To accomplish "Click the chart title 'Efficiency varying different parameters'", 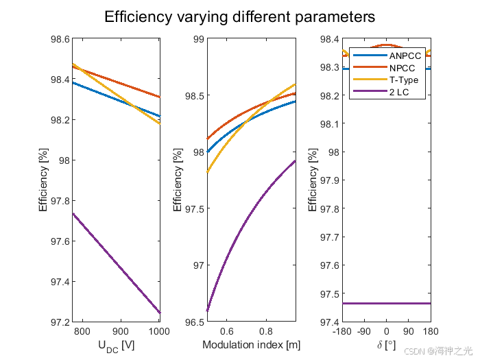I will pos(239,16).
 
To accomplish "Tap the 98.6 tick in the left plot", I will pos(60,39).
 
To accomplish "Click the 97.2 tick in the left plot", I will pos(60,322).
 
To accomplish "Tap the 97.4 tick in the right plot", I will pos(330,322).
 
